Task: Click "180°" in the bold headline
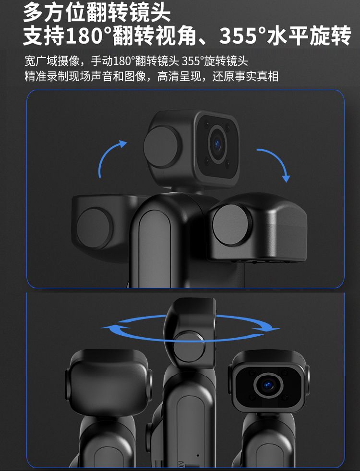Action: [x=89, y=35]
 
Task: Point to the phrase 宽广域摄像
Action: [x=52, y=61]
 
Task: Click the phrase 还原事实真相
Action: [x=245, y=76]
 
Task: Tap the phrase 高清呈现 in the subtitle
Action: [x=179, y=76]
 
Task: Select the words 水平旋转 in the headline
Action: [x=309, y=35]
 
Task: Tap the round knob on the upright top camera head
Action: [x=162, y=147]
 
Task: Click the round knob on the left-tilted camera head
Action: [x=94, y=228]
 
